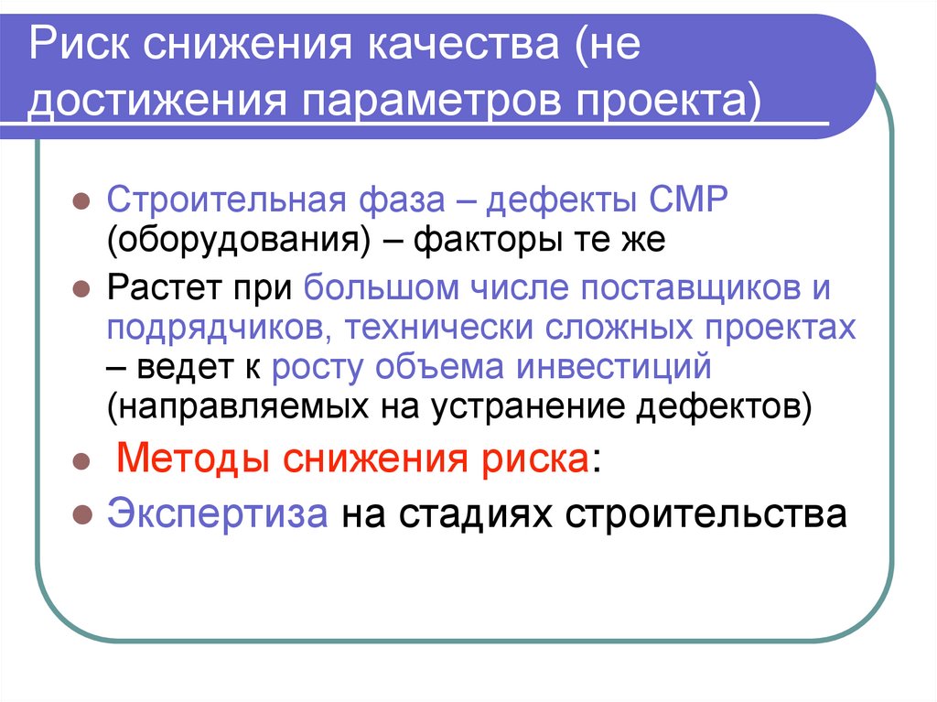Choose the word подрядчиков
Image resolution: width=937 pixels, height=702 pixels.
[221, 329]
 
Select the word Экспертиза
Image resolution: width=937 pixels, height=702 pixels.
[217, 513]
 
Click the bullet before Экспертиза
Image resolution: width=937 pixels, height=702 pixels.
[81, 515]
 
